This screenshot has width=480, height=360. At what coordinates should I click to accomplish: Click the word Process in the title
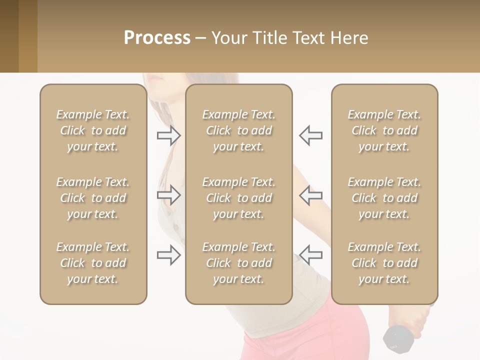click(157, 38)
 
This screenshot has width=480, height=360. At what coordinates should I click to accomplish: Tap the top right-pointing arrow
click(169, 135)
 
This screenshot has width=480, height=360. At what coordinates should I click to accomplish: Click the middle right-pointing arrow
click(169, 195)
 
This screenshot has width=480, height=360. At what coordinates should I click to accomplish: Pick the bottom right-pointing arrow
click(169, 255)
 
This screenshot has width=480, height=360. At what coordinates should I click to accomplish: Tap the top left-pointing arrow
click(310, 135)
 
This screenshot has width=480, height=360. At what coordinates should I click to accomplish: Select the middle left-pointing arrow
click(310, 195)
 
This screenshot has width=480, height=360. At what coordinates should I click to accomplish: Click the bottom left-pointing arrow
click(310, 255)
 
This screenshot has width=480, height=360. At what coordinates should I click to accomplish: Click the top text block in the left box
click(93, 130)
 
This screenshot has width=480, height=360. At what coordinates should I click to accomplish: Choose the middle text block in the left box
click(93, 198)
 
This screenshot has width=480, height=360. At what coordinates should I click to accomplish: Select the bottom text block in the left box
click(93, 263)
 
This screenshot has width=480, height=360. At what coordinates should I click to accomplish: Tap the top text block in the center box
click(238, 130)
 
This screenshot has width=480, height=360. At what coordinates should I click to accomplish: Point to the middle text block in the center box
click(238, 198)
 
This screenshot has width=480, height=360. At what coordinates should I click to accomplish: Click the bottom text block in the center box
click(238, 263)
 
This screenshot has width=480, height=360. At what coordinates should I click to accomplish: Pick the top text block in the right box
click(384, 130)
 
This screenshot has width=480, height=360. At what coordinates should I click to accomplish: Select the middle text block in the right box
click(384, 198)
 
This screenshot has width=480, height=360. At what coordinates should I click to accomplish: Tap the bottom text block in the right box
click(384, 263)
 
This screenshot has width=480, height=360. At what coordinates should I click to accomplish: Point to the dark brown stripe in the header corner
click(9, 36)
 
